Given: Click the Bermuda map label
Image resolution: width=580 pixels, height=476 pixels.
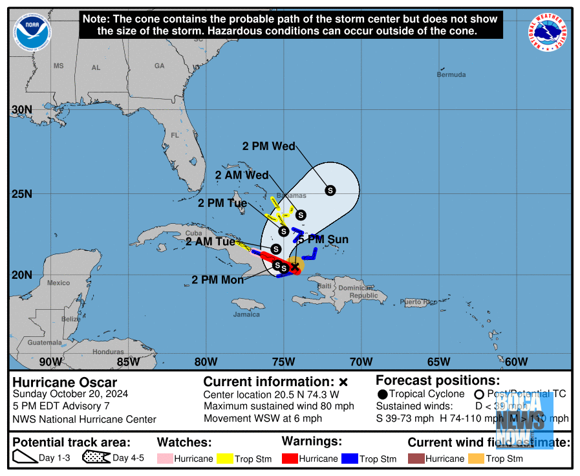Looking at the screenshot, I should pyautogui.click(x=451, y=75).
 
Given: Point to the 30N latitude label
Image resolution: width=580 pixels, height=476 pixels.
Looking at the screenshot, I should pyautogui.click(x=22, y=110).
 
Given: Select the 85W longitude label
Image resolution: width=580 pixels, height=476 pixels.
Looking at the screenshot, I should pyautogui.click(x=128, y=362).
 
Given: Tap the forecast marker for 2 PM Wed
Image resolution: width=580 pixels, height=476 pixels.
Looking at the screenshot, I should pyautogui.click(x=330, y=190).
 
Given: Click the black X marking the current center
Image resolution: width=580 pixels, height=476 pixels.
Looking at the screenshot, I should pyautogui.click(x=295, y=266).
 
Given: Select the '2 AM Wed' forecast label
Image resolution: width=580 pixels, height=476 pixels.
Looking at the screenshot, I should pyautogui.click(x=241, y=175).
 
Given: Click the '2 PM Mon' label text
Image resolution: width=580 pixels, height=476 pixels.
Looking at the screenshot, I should pyautogui.click(x=218, y=280).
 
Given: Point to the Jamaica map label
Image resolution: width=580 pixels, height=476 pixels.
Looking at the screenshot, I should pyautogui.click(x=246, y=314).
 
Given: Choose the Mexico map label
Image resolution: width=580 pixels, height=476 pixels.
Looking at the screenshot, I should pyautogui.click(x=58, y=283).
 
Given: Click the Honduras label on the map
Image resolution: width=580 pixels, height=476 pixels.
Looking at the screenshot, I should pyautogui.click(x=108, y=352).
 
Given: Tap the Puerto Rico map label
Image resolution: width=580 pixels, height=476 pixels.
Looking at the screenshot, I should pyautogui.click(x=418, y=302).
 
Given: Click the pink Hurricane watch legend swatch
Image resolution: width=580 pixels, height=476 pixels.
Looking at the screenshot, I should pyautogui.click(x=166, y=459).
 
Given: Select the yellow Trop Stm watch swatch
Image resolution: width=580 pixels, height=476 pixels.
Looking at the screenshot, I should pyautogui.click(x=226, y=459).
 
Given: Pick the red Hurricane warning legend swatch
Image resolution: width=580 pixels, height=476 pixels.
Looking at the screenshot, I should pyautogui.click(x=290, y=459).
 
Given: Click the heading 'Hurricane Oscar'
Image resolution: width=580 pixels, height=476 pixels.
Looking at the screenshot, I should pyautogui.click(x=65, y=382).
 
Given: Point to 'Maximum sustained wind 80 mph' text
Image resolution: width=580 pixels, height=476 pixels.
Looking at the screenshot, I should pyautogui.click(x=279, y=406).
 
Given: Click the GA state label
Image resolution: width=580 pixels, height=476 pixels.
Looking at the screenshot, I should pyautogui.click(x=159, y=66).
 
